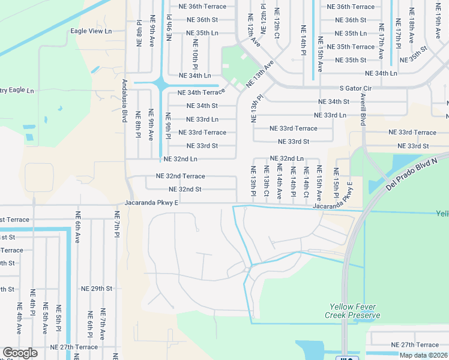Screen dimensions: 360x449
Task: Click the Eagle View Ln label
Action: pyautogui.click(x=91, y=31)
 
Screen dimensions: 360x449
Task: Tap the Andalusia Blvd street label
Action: pyautogui.click(x=125, y=101)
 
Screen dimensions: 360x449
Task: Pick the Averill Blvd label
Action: pyautogui.click(x=363, y=109)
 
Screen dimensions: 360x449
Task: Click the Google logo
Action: pyautogui.click(x=20, y=353)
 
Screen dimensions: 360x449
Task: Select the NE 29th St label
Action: pyautogui.click(x=93, y=289)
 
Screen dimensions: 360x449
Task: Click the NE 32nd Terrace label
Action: pyautogui.click(x=180, y=176)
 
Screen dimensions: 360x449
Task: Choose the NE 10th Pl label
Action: pyautogui.click(x=195, y=53)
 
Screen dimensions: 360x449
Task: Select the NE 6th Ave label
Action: pyautogui.click(x=77, y=227)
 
